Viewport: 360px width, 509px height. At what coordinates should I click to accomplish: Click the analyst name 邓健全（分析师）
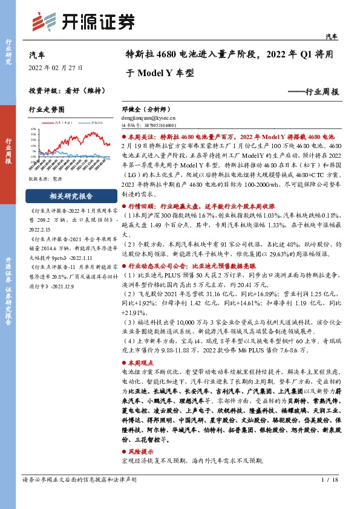click(146, 111)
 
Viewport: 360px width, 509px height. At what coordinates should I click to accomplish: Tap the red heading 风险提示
click(143, 452)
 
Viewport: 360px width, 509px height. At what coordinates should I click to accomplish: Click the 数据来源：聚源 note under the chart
click(47, 180)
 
